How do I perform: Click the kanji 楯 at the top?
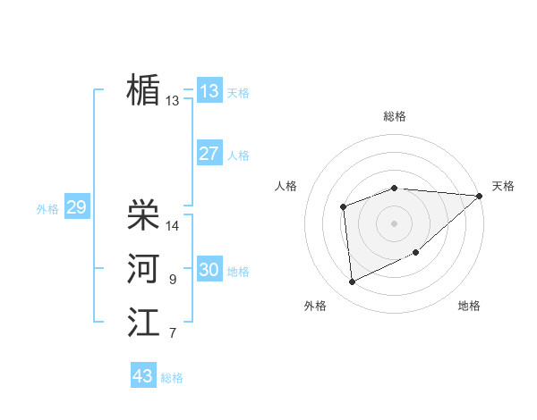143,89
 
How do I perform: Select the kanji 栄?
143,214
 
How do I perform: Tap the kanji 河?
143,268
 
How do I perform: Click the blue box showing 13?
209,91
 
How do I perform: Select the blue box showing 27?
209,154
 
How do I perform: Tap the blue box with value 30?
209,270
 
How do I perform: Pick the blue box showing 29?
76,207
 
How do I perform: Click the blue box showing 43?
143,376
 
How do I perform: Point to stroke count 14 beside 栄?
173,226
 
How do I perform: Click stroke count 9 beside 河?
172,280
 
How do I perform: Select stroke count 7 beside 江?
172,334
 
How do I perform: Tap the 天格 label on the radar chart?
503,186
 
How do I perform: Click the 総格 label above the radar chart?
395,116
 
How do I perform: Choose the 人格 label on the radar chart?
286,186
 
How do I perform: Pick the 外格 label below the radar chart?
315,306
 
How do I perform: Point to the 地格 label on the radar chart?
469,306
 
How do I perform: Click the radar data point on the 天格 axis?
480,196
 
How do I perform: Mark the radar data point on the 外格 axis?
352,282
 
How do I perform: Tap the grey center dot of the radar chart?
394,223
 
